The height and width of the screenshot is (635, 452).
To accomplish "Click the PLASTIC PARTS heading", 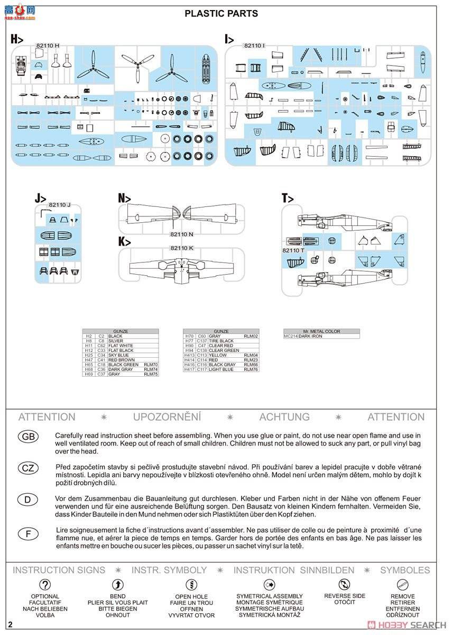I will tap(222, 14).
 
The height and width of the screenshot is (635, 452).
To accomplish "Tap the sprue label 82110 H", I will tap(48, 46).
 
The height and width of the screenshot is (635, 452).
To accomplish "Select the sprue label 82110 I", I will tap(254, 46).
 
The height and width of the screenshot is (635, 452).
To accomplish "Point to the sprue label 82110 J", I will tap(59, 205).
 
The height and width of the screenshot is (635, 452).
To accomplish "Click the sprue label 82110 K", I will tap(182, 248).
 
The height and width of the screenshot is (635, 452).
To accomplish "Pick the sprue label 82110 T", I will tap(293, 250).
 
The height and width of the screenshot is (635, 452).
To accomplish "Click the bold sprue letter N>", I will tap(124, 198).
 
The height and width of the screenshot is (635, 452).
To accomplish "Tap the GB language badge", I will tap(28, 436).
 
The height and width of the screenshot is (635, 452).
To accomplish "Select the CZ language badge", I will tap(28, 468).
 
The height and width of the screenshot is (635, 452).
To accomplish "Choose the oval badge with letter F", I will tap(28, 533).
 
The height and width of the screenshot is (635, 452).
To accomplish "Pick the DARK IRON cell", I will tap(310, 336).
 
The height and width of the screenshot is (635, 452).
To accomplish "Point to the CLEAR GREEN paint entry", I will tap(224, 350).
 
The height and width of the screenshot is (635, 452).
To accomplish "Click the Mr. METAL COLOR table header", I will tap(321, 331).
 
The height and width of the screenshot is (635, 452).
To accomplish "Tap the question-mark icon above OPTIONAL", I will tap(45, 585).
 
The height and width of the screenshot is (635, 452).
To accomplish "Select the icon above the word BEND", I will tap(117, 585).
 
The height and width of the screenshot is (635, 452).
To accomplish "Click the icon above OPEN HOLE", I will tap(191, 585).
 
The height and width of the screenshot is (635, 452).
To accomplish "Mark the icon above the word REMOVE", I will tap(403, 585).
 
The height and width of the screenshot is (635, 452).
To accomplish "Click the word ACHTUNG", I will tap(284, 417).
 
